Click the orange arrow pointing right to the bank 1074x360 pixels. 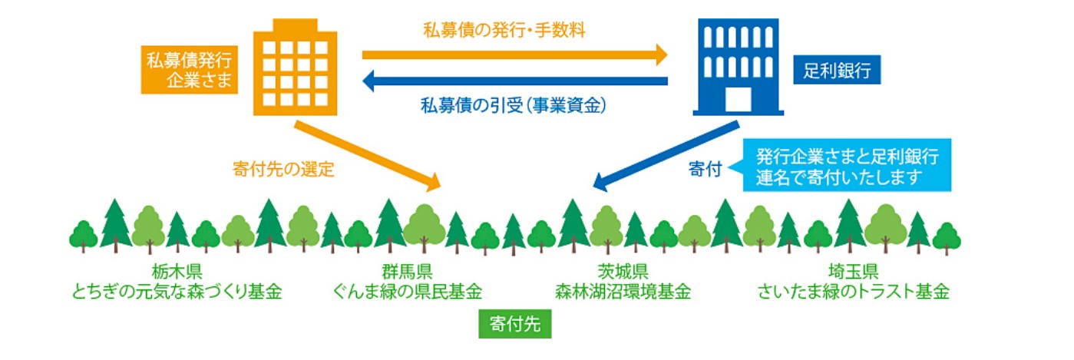click(x=514, y=54)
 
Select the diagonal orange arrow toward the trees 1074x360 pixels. click(x=365, y=154)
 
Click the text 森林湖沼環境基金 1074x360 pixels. click(x=623, y=292)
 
